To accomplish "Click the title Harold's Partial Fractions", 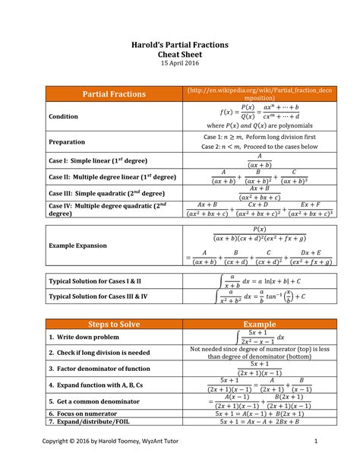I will [x=180, y=45].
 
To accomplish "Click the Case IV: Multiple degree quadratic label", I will [x=106, y=209].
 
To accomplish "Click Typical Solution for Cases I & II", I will [x=95, y=281].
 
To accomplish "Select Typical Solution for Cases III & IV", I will [x=99, y=296].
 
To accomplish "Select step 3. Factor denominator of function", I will [x=99, y=368].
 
